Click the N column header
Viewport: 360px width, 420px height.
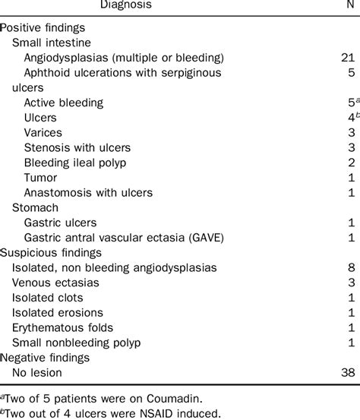click(x=351, y=6)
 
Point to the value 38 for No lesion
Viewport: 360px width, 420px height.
click(x=348, y=372)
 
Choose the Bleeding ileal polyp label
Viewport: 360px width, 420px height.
click(x=74, y=163)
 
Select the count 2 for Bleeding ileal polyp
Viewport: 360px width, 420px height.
click(x=351, y=163)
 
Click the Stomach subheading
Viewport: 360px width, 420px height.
click(x=34, y=207)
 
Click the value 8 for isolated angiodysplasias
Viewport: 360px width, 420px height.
click(x=351, y=267)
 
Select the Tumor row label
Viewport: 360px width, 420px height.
click(x=41, y=178)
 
